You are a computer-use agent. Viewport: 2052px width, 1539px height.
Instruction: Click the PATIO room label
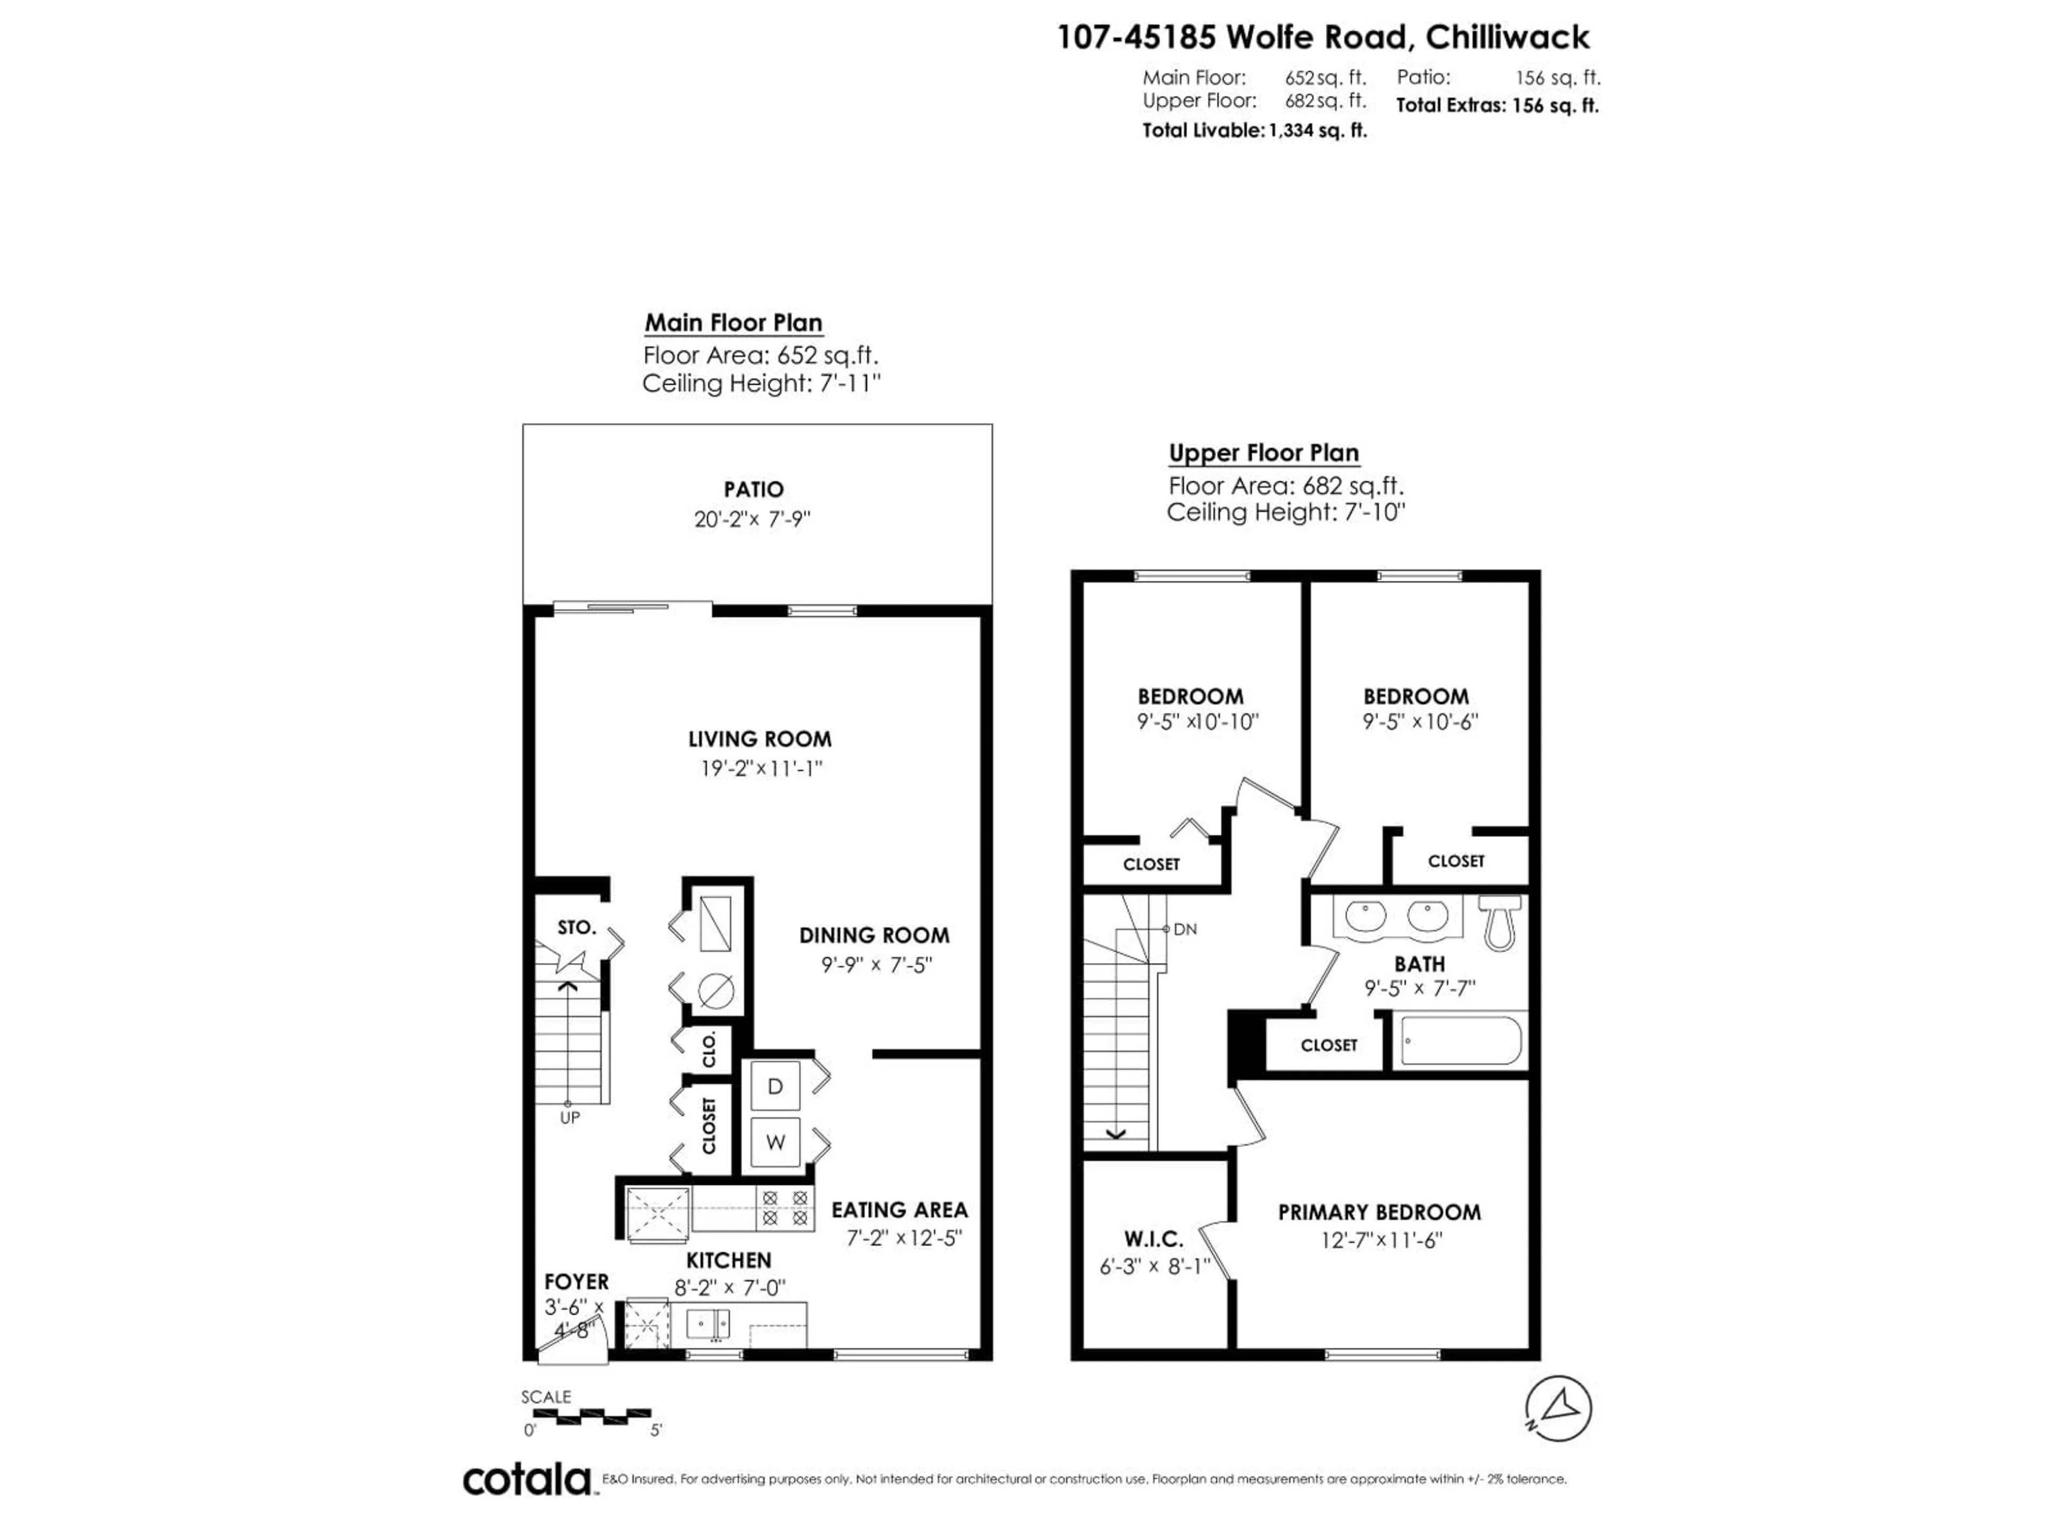point(753,489)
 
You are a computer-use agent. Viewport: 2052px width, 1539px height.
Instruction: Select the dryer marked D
point(775,1086)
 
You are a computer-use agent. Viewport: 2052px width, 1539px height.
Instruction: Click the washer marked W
point(775,1142)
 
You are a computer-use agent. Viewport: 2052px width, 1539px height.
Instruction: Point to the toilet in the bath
point(1499,923)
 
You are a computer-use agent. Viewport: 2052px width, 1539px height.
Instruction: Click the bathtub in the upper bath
point(1460,1041)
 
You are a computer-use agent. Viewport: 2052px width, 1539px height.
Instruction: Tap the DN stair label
point(1185,929)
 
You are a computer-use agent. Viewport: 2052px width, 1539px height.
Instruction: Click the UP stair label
point(570,1118)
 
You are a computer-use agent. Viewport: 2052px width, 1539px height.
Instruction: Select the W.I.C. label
point(1153,1239)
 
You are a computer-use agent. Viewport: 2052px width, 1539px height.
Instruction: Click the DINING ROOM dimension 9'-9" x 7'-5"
point(876,965)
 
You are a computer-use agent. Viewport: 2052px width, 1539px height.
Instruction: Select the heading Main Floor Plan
point(733,323)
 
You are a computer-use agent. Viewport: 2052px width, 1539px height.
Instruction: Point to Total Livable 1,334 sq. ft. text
point(1254,131)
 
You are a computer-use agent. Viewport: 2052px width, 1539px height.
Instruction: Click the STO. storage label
point(576,927)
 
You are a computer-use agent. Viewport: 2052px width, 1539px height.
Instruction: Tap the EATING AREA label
point(899,1210)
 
